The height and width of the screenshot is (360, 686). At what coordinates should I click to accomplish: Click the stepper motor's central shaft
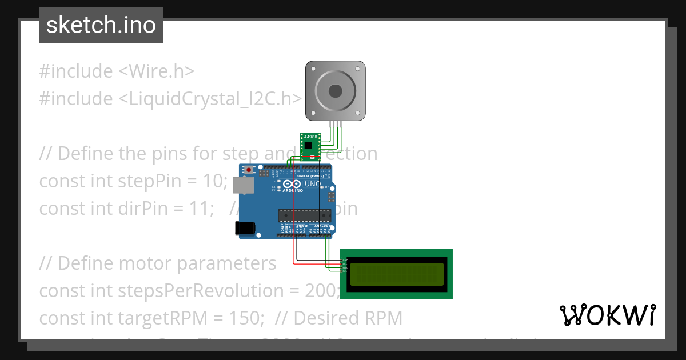point(335,90)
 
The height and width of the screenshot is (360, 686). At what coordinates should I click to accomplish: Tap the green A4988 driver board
point(310,147)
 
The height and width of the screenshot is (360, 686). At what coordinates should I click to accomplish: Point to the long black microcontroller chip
point(304,215)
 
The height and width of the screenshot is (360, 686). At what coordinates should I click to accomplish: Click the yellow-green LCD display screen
point(396,273)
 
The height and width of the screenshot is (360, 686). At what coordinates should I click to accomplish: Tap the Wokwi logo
point(608,315)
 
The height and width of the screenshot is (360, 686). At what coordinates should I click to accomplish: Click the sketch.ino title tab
point(101,25)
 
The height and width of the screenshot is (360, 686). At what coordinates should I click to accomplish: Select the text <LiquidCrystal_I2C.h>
point(210,99)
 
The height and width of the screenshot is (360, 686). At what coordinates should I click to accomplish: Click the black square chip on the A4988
point(309,145)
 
